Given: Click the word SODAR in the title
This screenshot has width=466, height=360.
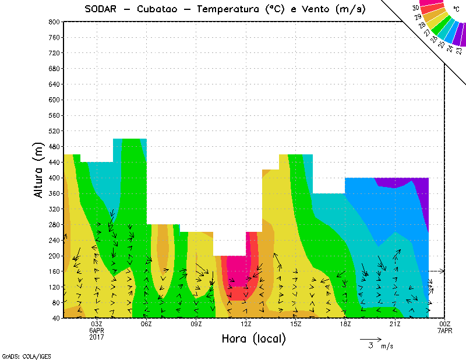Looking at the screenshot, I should [x=100, y=9].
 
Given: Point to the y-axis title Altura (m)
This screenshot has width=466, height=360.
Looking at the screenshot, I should [x=39, y=169].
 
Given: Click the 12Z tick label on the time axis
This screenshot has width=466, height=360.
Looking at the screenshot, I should [x=246, y=324].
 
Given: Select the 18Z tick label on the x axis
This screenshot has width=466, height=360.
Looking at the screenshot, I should [x=345, y=324].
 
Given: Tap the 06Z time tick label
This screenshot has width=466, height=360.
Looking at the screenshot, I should [x=146, y=324].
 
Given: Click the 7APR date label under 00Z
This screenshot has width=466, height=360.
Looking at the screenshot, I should [x=445, y=330].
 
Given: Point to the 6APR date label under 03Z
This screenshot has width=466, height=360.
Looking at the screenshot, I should [x=96, y=330].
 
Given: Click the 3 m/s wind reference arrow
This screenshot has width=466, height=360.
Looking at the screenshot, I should [x=370, y=338].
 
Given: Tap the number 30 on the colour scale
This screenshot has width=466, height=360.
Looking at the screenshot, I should [x=415, y=8].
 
